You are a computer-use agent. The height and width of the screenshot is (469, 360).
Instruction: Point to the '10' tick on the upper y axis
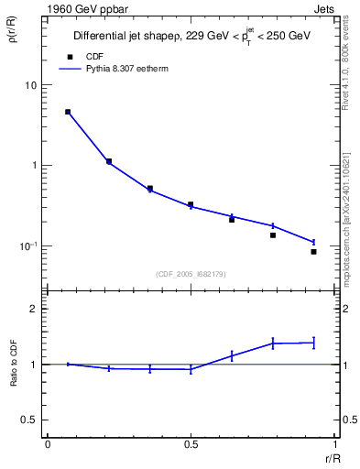pyautogui.click(x=30, y=85)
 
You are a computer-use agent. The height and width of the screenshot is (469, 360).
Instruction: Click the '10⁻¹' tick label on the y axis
pyautogui.click(x=27, y=246)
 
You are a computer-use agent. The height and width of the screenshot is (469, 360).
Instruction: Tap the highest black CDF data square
pyautogui.click(x=68, y=112)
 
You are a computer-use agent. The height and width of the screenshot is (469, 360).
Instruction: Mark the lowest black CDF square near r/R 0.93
pyautogui.click(x=313, y=252)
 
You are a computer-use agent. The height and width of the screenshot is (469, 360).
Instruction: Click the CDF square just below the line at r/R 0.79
pyautogui.click(x=273, y=235)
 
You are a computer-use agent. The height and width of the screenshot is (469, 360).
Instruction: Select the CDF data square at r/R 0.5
pyautogui.click(x=191, y=204)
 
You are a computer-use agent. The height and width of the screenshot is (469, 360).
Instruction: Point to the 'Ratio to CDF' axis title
pyautogui.click(x=14, y=365)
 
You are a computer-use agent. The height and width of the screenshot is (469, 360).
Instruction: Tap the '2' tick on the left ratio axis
pyautogui.click(x=34, y=309)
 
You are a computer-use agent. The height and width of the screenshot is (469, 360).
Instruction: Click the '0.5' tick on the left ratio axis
pyautogui.click(x=28, y=420)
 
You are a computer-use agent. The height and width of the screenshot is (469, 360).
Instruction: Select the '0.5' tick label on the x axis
pyautogui.click(x=191, y=444)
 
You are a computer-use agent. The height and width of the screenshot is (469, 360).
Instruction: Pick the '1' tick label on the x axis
pyautogui.click(x=333, y=444)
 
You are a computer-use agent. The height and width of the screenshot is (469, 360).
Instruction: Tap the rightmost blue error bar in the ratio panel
pyautogui.click(x=313, y=343)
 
